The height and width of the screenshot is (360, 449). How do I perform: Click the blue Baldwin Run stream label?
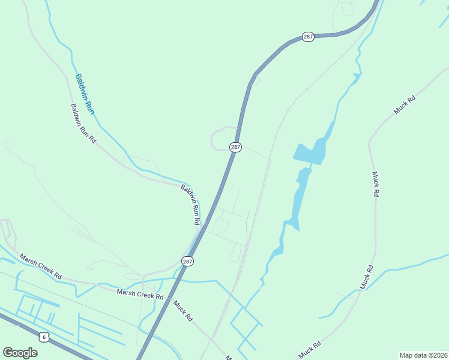point(85,94)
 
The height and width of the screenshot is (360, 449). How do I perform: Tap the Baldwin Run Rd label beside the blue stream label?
point(83,123)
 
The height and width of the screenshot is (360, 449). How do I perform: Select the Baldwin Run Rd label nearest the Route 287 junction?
point(191,204)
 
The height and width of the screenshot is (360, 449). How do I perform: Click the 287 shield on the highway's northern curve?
point(308,37)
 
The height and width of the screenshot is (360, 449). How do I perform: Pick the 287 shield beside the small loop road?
point(236,147)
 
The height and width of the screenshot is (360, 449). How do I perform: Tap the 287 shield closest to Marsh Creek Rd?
point(187,261)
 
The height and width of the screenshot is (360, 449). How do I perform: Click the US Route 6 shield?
point(44,337)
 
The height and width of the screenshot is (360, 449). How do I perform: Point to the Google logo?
point(20,352)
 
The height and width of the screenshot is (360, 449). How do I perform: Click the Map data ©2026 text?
point(423,355)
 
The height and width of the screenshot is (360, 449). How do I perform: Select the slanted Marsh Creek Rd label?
point(40,266)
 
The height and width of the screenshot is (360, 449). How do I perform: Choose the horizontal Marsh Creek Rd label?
point(140,295)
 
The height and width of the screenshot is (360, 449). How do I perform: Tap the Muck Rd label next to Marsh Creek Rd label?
point(182,310)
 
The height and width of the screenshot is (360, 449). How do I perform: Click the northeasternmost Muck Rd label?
point(404,106)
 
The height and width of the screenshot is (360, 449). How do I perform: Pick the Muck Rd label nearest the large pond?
point(375,184)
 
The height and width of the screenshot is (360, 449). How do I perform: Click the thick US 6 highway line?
point(66,345)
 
